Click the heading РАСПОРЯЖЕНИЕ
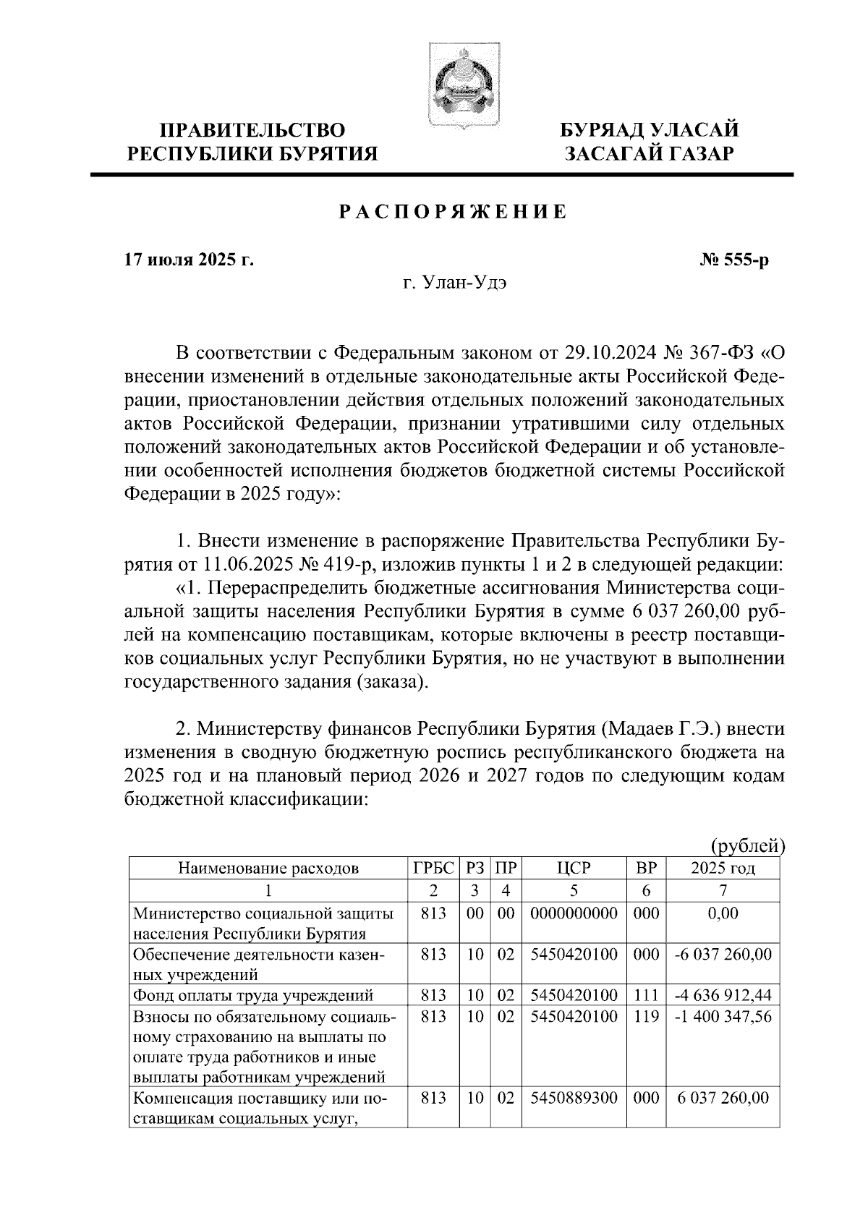tap(453, 213)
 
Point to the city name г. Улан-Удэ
tap(455, 283)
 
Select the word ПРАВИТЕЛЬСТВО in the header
tap(252, 131)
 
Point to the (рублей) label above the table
tap(747, 845)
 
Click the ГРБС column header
tap(433, 869)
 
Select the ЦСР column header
tap(574, 869)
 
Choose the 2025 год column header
tap(723, 869)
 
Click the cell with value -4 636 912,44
tap(723, 996)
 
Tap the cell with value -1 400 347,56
tap(723, 1017)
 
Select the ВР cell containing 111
tap(646, 996)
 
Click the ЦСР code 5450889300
tap(574, 1098)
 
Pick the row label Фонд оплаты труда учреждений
tap(252, 996)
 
